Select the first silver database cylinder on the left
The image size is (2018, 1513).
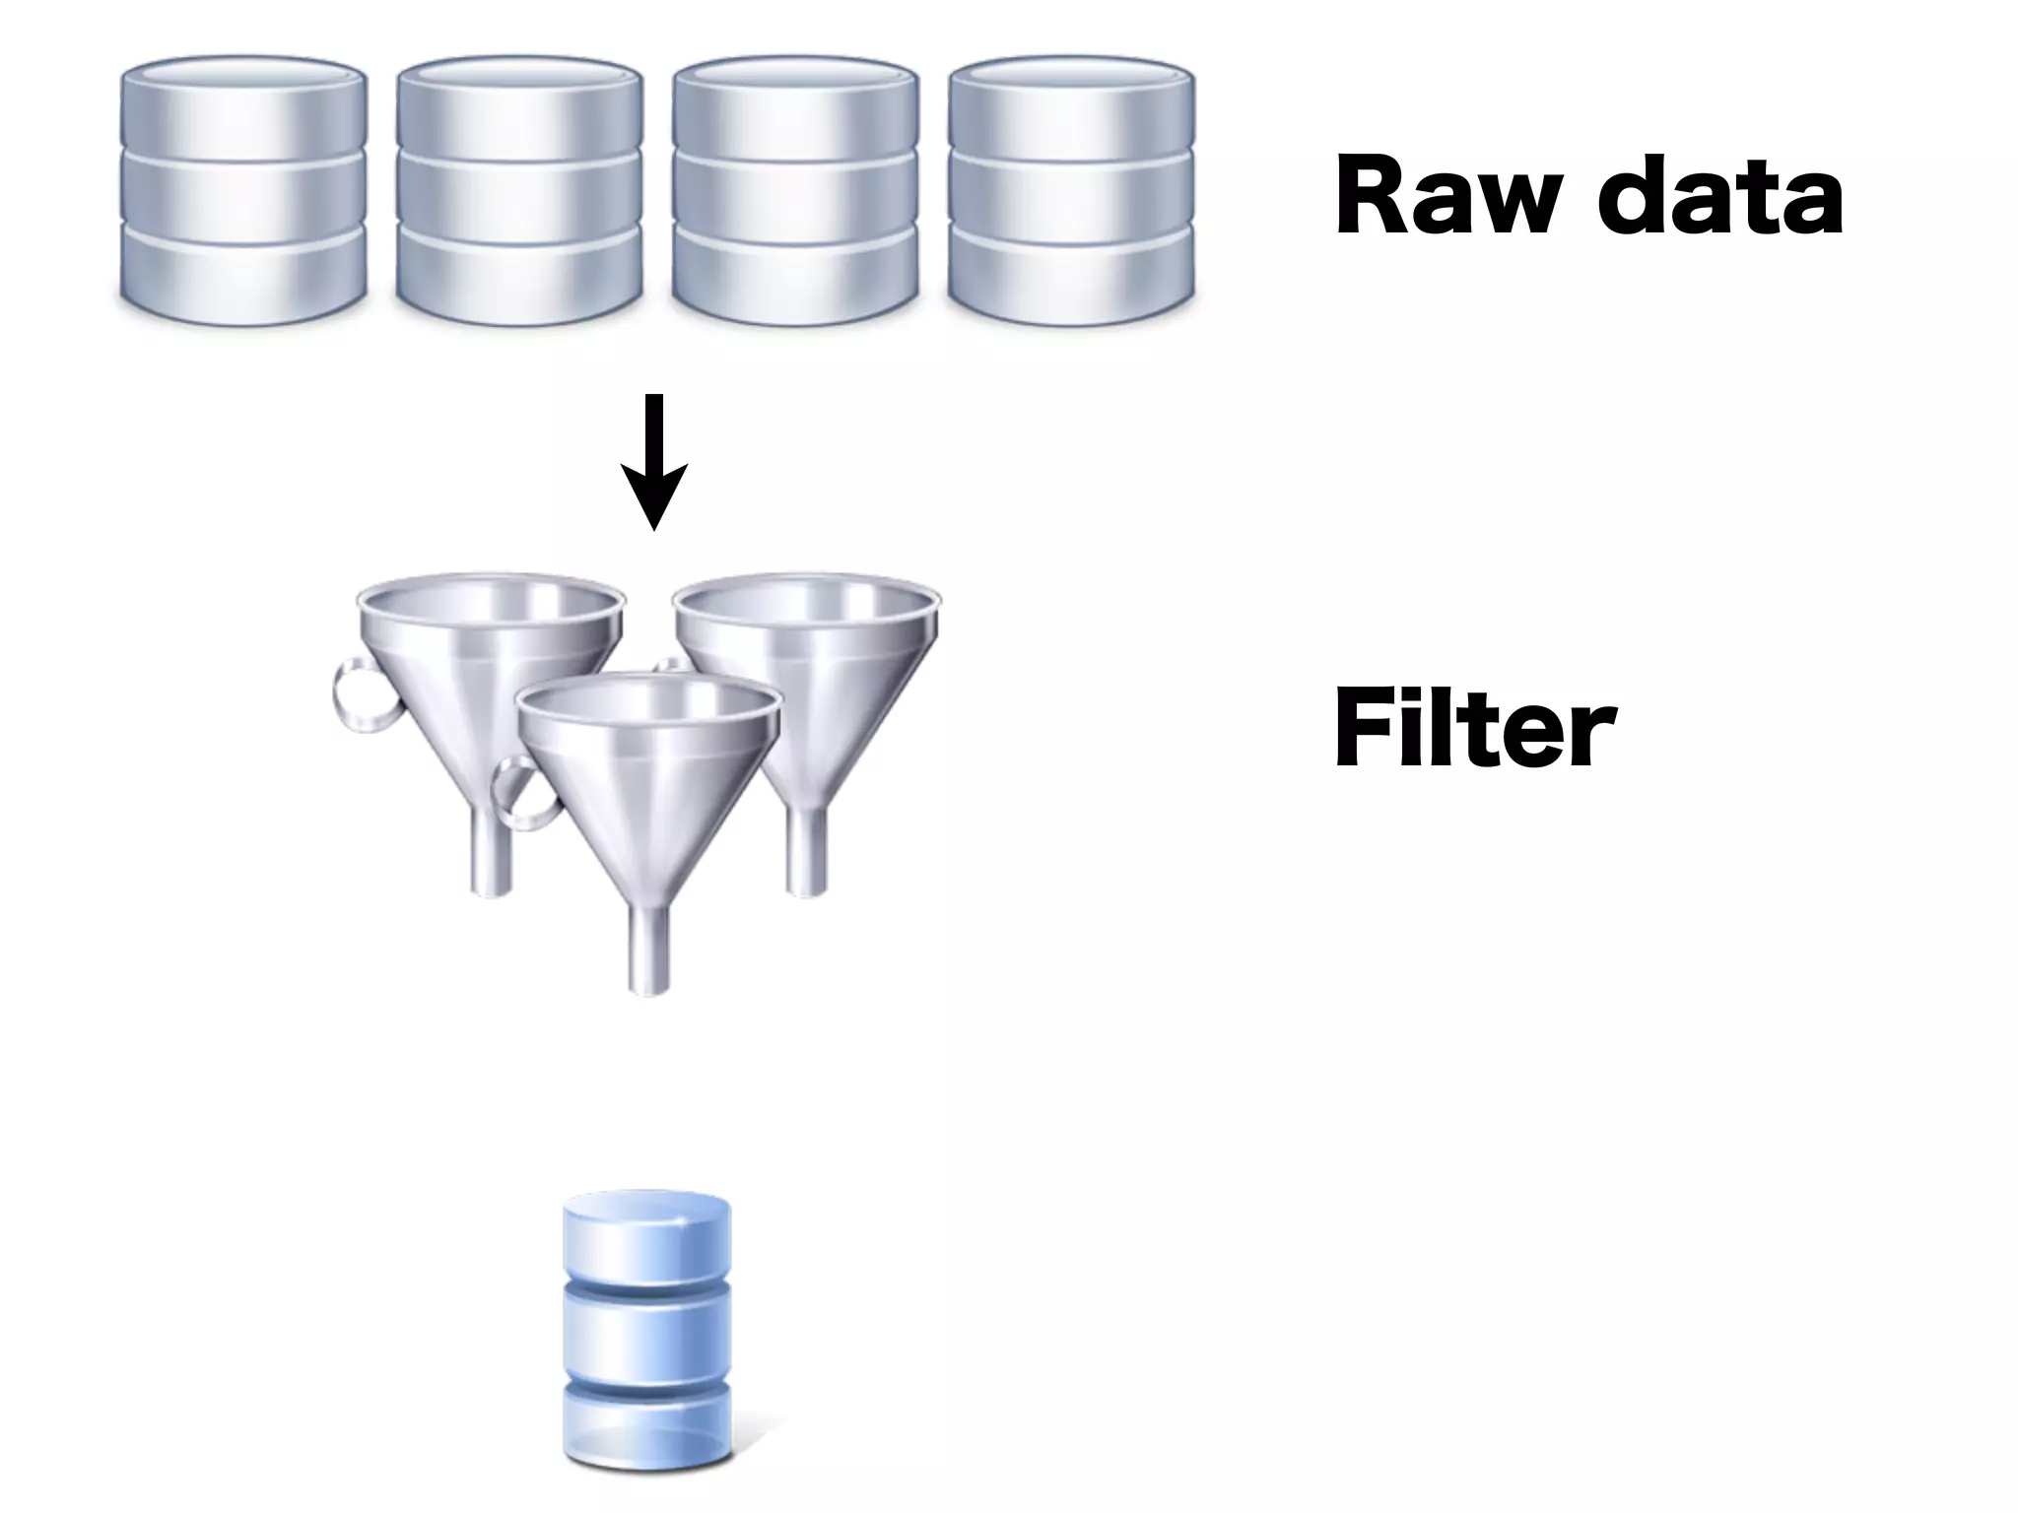243,192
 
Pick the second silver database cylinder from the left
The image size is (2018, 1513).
519,192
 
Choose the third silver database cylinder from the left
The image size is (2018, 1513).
795,192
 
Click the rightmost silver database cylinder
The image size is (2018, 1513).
1071,192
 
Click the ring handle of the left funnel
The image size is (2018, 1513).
361,696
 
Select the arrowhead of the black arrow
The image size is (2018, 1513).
653,498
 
